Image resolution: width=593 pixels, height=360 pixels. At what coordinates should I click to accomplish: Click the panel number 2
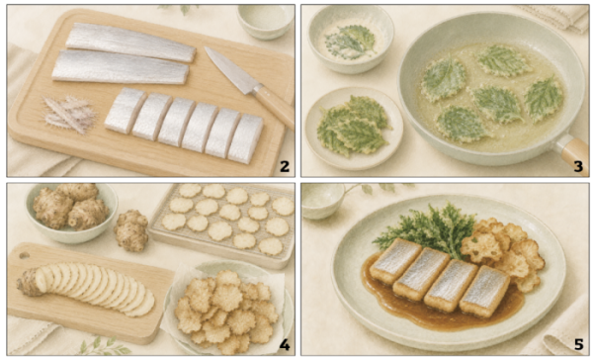[285, 166]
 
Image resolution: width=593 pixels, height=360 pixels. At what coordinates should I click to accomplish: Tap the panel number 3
[578, 166]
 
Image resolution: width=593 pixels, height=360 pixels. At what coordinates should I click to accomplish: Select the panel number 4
[285, 345]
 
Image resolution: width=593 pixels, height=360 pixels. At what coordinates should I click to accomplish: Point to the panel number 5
[578, 345]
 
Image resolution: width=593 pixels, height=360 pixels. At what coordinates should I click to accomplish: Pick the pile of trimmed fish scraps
[69, 114]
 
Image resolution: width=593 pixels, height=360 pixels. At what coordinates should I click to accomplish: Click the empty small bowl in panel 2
[266, 22]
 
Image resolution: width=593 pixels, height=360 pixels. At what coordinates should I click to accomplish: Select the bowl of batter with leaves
[350, 39]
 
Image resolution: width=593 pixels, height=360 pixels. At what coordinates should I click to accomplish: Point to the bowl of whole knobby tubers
[71, 212]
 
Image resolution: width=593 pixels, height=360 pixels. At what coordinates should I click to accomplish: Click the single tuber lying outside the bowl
[131, 230]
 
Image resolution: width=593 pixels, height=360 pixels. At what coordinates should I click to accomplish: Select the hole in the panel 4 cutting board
[24, 255]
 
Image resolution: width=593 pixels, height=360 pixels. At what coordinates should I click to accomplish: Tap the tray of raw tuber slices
[224, 222]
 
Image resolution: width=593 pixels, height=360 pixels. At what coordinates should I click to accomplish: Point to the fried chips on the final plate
[502, 251]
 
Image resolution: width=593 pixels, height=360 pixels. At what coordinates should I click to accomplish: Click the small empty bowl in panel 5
[322, 201]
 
